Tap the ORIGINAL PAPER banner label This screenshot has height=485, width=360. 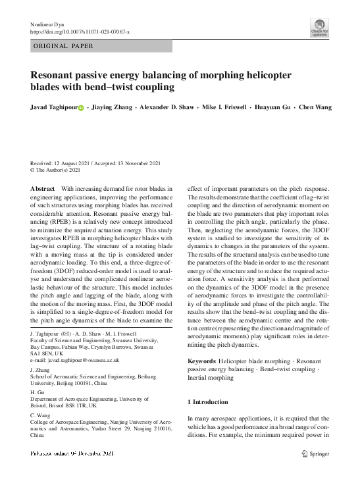click(x=63, y=46)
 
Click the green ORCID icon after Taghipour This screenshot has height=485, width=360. click(x=81, y=108)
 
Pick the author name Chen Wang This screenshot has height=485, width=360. click(x=315, y=107)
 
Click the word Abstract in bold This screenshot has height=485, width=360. click(x=42, y=188)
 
